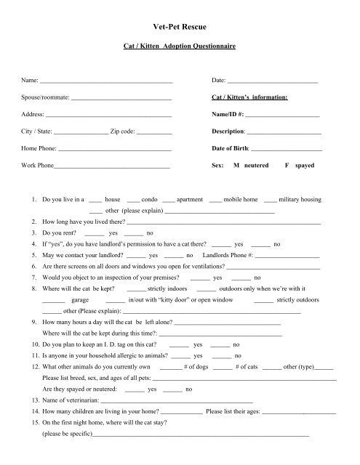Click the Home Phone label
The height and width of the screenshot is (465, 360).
click(39, 149)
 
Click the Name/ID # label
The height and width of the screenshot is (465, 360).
click(228, 114)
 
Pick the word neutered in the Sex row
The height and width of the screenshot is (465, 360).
click(256, 166)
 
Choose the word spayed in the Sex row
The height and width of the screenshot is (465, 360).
click(305, 166)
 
